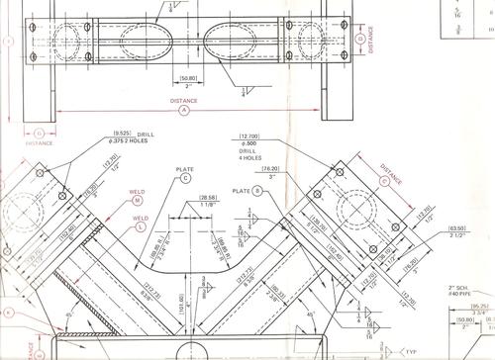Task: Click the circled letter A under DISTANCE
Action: tap(184, 112)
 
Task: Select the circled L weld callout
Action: tap(141, 226)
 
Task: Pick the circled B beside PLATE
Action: tap(256, 190)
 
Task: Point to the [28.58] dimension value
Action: tap(209, 198)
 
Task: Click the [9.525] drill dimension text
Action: tap(123, 134)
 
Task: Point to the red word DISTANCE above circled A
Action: tap(184, 100)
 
